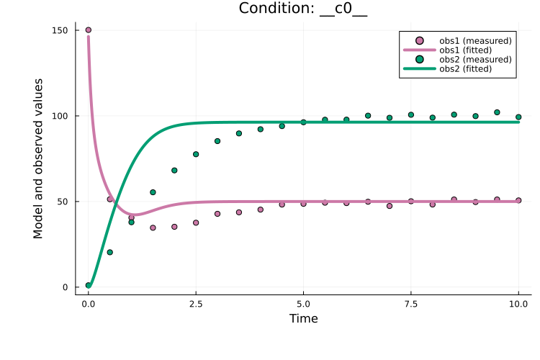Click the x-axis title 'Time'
click(x=303, y=318)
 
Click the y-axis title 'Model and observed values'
click(x=38, y=158)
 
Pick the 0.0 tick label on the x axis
click(x=89, y=304)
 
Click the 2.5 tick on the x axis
click(x=196, y=304)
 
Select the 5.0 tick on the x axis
click(x=303, y=304)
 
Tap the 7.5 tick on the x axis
click(x=411, y=304)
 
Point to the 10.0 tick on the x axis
click(x=518, y=304)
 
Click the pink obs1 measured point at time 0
click(x=89, y=30)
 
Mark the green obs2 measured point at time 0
click(x=89, y=285)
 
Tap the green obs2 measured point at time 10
click(x=518, y=117)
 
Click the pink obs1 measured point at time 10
click(x=518, y=201)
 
